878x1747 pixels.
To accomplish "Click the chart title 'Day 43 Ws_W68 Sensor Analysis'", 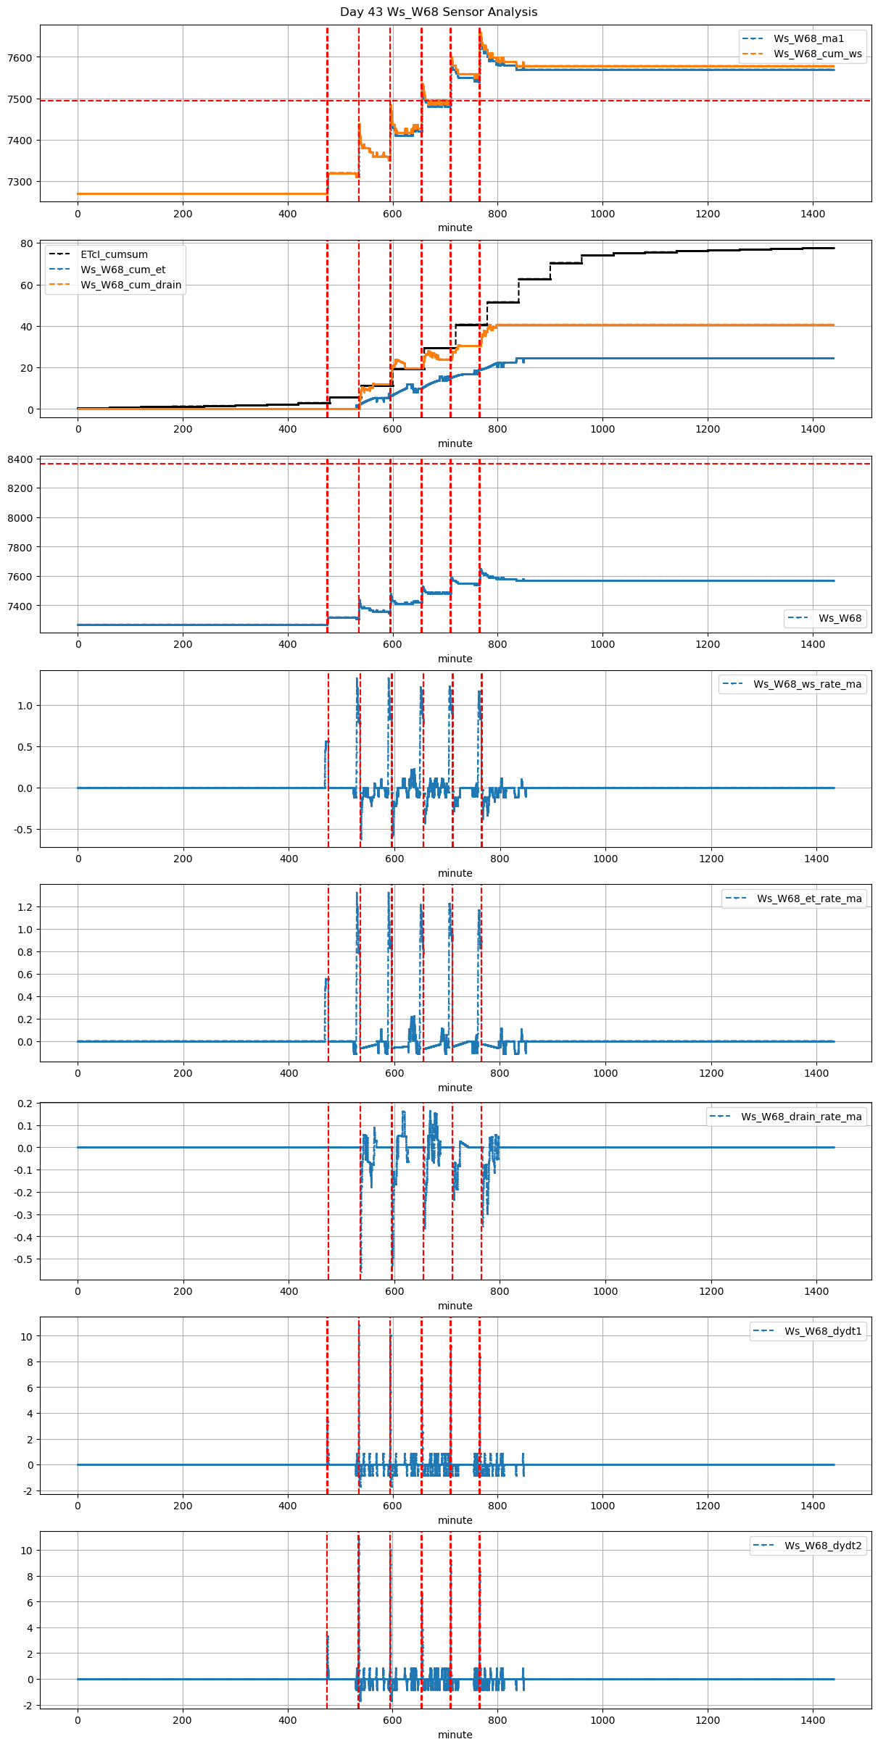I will click(x=439, y=12).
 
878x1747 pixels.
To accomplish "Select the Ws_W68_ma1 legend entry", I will click(x=808, y=38).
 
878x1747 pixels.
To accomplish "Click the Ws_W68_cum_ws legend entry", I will click(x=817, y=54).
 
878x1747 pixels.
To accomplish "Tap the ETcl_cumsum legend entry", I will click(x=114, y=254).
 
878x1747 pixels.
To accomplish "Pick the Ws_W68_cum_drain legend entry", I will click(x=131, y=285).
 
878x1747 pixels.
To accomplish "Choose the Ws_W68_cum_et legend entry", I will click(x=123, y=270).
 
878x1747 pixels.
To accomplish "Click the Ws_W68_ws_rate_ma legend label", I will click(x=807, y=684).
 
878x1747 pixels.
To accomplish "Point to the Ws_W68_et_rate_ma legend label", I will click(x=809, y=898).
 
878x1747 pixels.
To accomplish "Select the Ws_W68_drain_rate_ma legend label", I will click(x=801, y=1117).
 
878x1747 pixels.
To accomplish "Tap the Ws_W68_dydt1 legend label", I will click(x=823, y=1331).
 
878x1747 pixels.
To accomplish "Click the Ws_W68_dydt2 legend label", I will click(x=823, y=1546).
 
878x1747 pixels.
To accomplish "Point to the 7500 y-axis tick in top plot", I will click(x=21, y=99).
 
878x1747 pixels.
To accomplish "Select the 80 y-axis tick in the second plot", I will click(x=27, y=243).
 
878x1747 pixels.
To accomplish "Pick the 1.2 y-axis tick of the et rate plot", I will click(x=25, y=907).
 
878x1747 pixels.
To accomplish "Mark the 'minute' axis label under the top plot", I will click(x=455, y=228).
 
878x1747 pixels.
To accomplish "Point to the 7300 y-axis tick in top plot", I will click(x=21, y=182).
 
